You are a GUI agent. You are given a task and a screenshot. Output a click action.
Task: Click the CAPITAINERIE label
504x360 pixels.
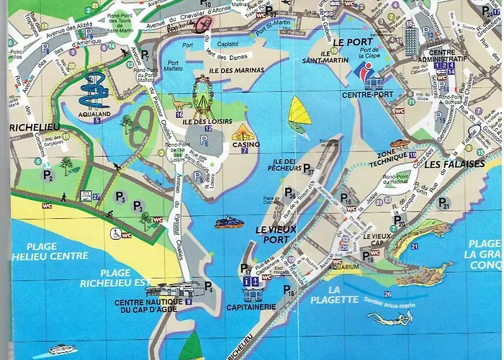coord(252,306)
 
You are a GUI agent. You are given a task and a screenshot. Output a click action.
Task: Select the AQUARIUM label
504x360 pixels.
coord(346,266)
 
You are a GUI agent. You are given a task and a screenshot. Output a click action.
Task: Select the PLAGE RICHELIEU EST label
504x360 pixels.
coord(126,278)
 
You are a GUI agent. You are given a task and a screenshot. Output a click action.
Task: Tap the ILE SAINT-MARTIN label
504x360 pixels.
coord(335,58)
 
